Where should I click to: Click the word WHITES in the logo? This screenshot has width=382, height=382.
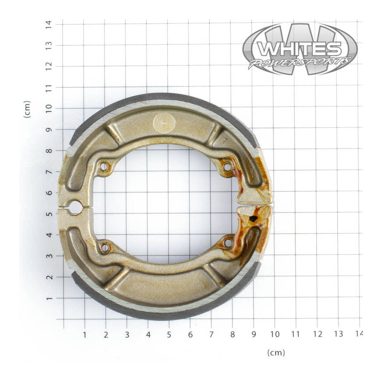(299, 49)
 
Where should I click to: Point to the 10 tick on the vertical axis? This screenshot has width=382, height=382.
(48, 108)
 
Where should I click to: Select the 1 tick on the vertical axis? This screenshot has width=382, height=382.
(48, 298)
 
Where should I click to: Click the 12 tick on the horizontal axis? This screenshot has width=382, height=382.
(317, 334)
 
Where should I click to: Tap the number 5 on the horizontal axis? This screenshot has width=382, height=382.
(169, 334)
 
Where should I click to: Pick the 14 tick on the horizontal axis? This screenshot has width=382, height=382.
(359, 334)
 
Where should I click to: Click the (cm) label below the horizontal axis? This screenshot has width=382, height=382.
(276, 353)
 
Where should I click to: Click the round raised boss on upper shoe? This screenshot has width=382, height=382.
(164, 123)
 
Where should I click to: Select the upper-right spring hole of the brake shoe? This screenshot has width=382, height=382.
(227, 167)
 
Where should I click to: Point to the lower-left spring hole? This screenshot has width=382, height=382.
(105, 247)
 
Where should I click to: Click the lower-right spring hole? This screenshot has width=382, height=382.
(228, 243)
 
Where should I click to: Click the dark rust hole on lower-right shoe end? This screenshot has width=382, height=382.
(254, 219)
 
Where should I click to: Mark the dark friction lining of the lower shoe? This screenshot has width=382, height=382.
(162, 315)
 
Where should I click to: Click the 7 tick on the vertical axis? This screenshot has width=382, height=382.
(48, 171)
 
